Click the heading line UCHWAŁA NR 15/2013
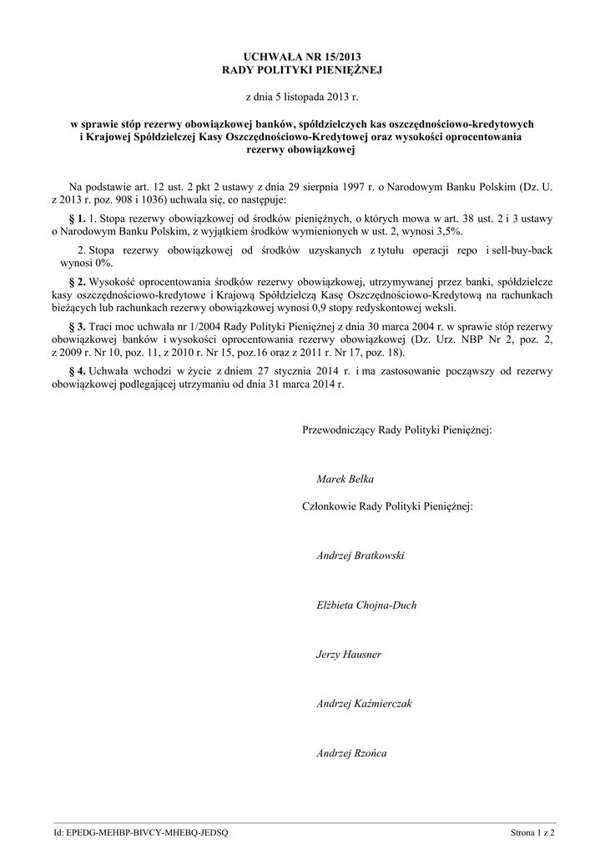tap(302, 58)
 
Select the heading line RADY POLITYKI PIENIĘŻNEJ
tap(302, 71)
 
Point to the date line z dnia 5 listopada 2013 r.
tap(302, 98)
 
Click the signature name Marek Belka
tap(345, 480)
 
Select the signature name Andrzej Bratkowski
tap(360, 555)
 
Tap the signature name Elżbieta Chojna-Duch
tap(366, 605)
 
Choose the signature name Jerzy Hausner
tap(349, 655)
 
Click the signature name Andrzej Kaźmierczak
tap(364, 705)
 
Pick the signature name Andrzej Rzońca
tap(351, 754)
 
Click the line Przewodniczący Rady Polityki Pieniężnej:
tap(396, 430)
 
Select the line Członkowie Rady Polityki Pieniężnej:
tap(387, 506)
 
